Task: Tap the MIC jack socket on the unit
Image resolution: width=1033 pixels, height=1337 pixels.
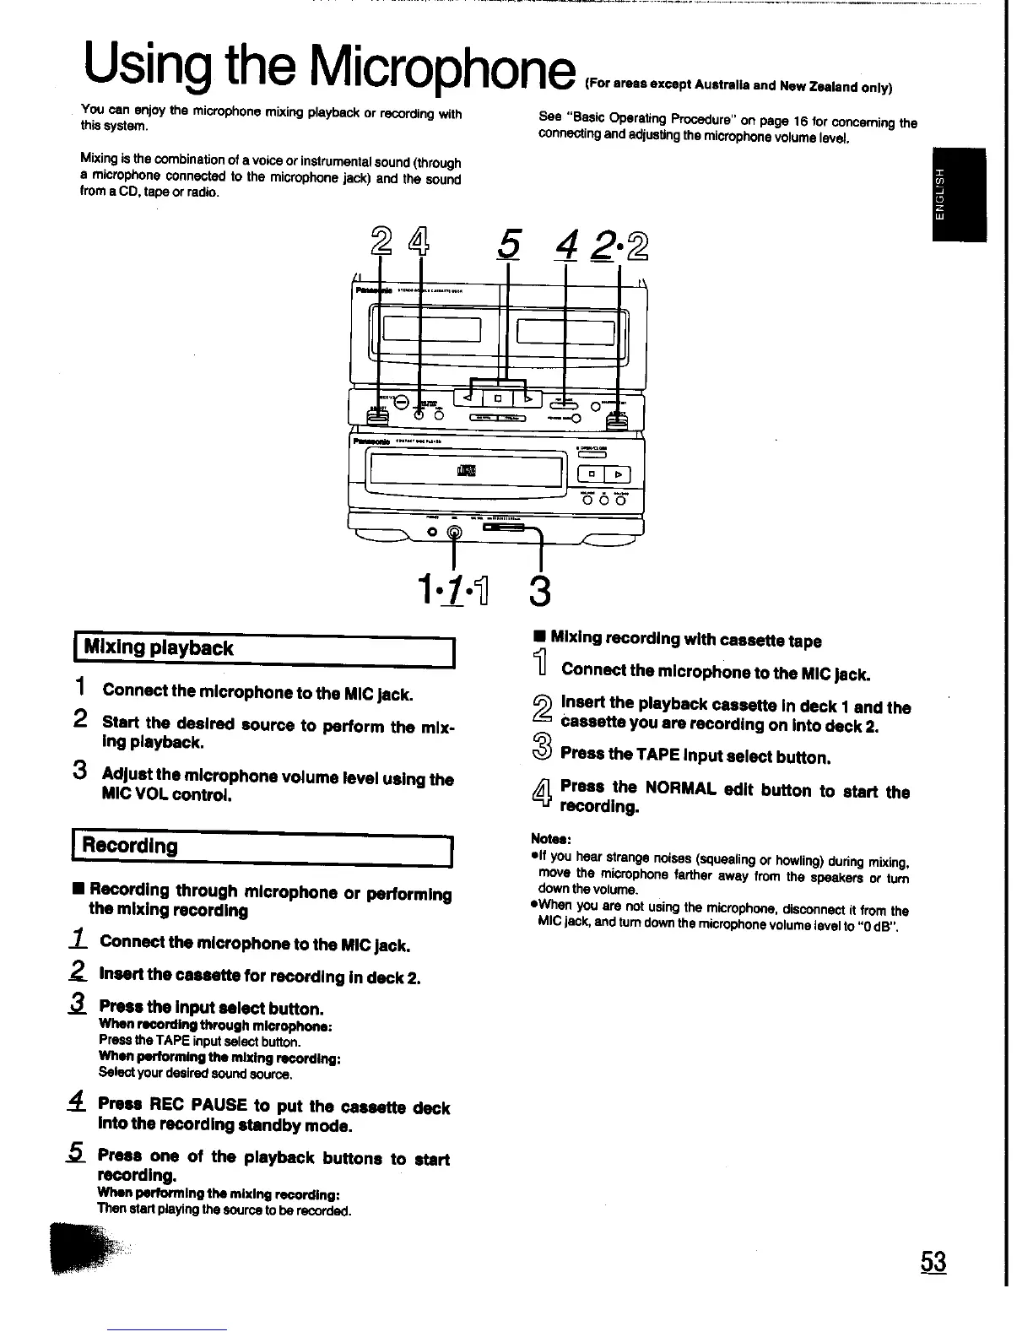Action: (455, 533)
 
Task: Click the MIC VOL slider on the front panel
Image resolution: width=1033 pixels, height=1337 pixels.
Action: (504, 529)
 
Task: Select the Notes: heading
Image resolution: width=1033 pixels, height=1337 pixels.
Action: (552, 839)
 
